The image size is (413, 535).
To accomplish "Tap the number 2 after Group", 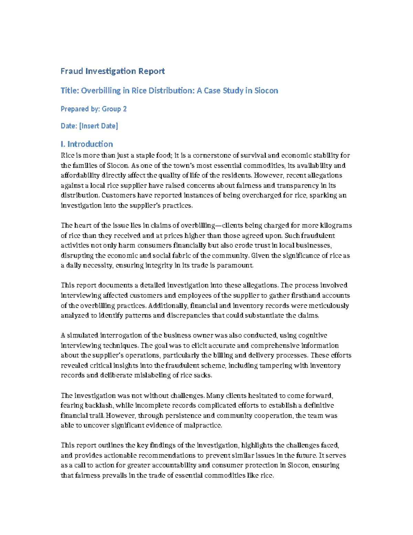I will (x=125, y=109).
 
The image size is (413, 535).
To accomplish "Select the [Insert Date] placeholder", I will (x=98, y=126).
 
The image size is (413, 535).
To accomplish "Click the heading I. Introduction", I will (x=87, y=144).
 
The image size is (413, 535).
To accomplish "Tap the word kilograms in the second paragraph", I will (x=336, y=226).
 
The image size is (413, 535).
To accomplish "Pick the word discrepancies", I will (x=188, y=316).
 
